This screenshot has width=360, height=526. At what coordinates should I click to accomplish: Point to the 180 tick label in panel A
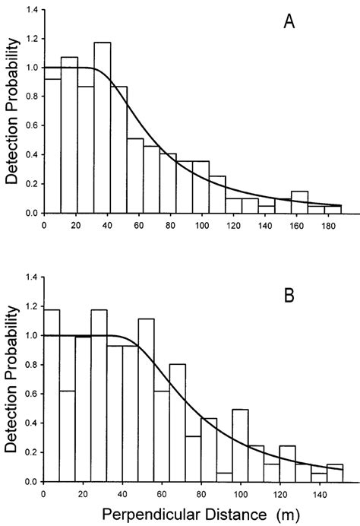click(324, 226)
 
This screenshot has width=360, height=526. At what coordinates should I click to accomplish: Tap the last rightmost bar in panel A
click(333, 209)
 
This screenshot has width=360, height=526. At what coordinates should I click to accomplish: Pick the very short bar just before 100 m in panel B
click(223, 477)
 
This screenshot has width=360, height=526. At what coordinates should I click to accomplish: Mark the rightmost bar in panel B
click(335, 473)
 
